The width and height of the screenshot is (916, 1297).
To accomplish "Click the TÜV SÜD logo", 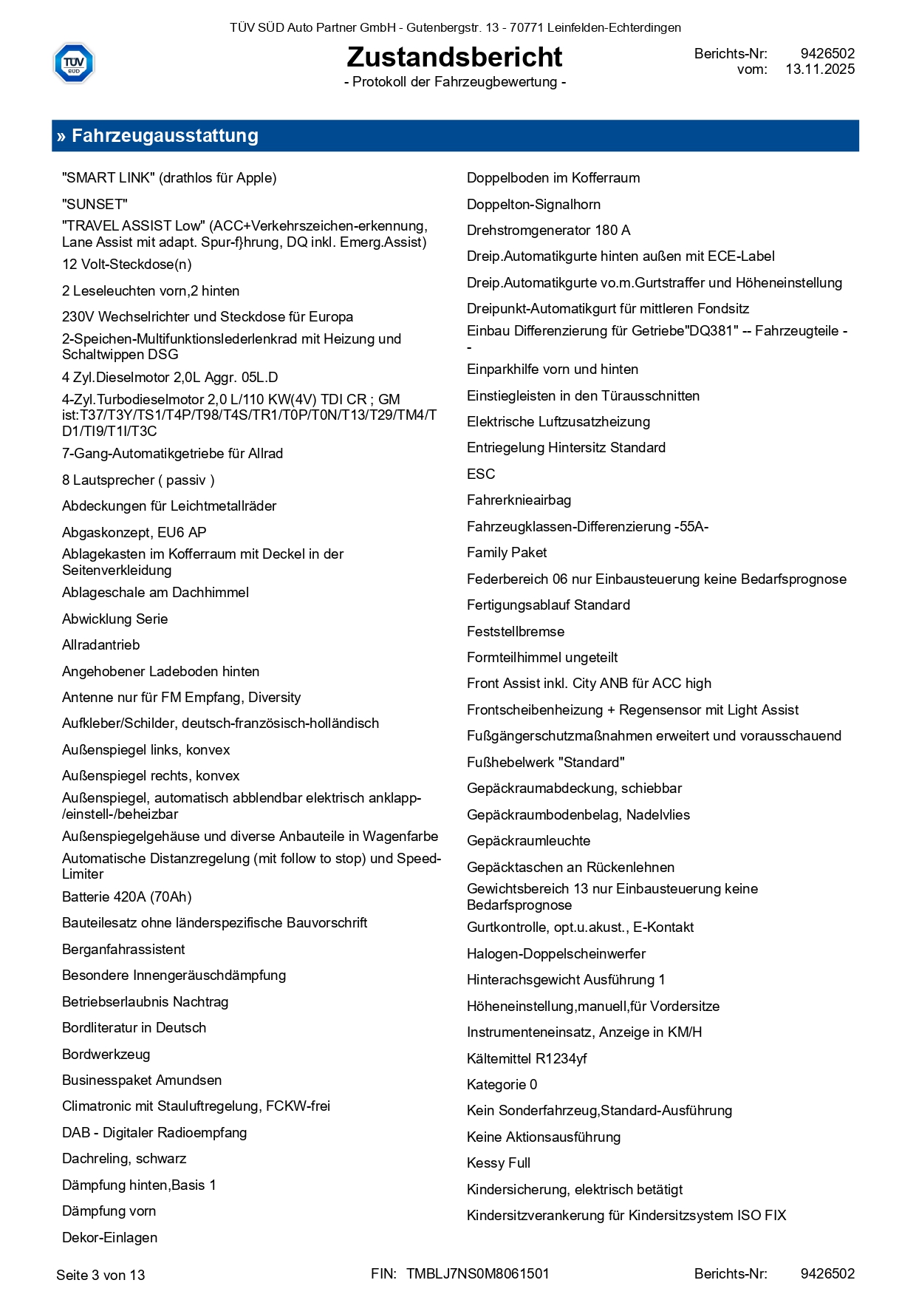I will coord(74,63).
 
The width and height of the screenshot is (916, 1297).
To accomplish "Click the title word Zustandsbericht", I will coord(454,57).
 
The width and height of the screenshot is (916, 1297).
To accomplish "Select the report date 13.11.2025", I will coord(820,69).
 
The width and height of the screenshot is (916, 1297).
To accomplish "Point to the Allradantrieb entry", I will coord(100,645).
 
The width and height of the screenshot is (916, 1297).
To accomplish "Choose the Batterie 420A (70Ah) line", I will coord(126,897).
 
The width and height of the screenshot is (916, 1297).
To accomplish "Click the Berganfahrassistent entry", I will coord(123,950).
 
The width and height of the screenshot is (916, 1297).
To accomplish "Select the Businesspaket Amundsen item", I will coord(142,1080).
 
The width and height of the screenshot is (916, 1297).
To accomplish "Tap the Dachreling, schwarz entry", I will coord(123,1159).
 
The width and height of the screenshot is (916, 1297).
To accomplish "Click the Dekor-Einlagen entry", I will coord(109,1238).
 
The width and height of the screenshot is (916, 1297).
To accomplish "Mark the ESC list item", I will coord(481,474).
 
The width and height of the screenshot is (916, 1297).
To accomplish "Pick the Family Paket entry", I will coord(507,553).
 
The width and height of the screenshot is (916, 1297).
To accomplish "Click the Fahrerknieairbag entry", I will coord(519,500).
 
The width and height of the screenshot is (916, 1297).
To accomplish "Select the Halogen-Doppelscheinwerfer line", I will coord(556,954).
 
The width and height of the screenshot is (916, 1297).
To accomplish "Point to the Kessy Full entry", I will coord(499,1163).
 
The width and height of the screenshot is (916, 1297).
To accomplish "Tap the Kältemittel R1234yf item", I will coord(527,1059).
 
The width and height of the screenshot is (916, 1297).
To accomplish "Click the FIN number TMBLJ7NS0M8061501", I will coord(478,1274).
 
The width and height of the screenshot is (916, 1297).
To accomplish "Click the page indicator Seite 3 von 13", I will coord(100,1276).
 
